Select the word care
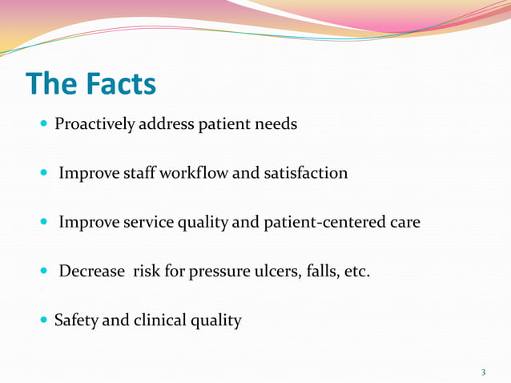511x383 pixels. [405, 223]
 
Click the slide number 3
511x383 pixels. [483, 372]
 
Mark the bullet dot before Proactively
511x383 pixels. [43, 125]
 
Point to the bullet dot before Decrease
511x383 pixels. [43, 272]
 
